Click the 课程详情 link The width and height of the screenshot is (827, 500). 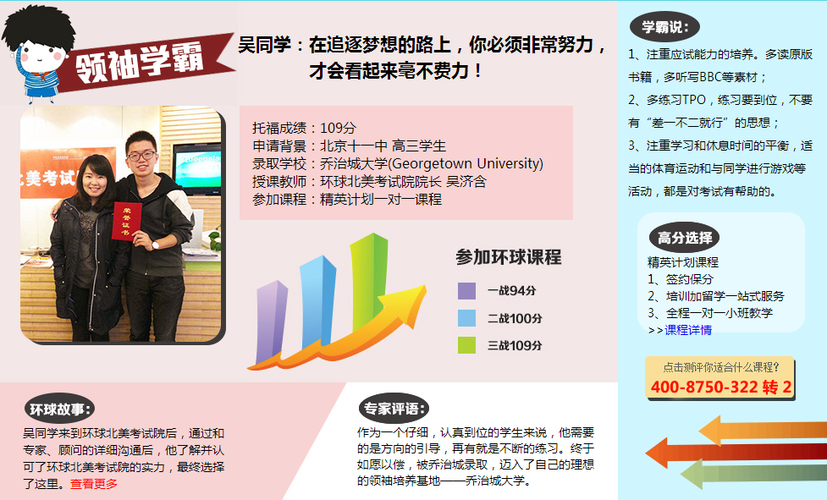point(688,330)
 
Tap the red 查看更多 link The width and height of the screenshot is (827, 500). point(94,484)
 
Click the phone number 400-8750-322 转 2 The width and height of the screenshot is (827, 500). point(721,387)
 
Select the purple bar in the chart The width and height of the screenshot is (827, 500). point(271,321)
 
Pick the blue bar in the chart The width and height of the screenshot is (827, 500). point(317,302)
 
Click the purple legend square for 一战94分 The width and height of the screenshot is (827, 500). point(466,291)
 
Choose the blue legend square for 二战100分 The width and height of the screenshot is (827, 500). point(466,318)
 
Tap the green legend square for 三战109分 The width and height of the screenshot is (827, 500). point(466,345)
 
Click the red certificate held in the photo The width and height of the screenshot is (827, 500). point(127,221)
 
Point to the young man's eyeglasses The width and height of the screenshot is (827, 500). point(141,157)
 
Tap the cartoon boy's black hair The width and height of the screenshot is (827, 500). point(37,27)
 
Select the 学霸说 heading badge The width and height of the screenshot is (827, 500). point(664,27)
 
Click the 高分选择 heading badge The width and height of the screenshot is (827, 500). point(684,238)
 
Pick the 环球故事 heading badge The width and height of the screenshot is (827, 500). point(59,409)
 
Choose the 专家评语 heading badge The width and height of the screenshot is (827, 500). point(394,408)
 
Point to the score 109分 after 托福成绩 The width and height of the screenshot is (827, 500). point(338,128)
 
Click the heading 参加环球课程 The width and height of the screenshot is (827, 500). point(509,257)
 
